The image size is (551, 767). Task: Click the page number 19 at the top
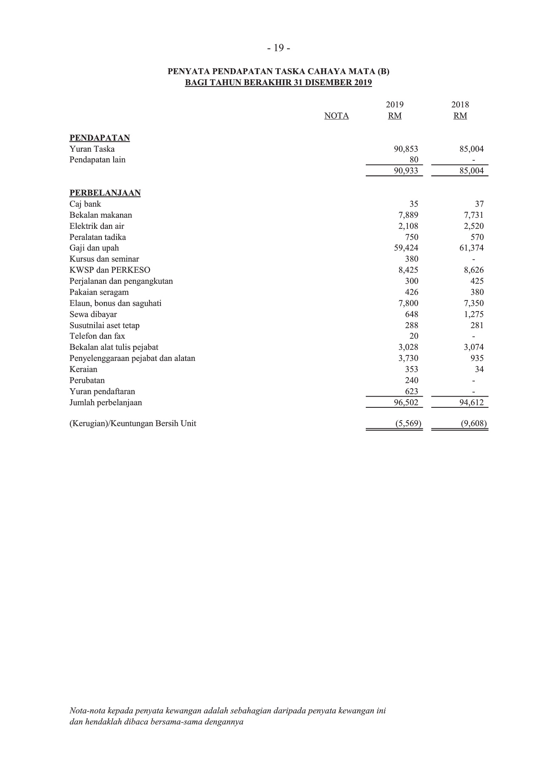pyautogui.click(x=279, y=48)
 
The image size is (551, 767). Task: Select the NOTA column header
pyautogui.click(x=336, y=116)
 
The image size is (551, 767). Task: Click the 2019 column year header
pyautogui.click(x=395, y=105)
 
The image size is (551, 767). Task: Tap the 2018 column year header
pyautogui.click(x=460, y=105)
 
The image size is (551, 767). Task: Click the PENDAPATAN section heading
pyautogui.click(x=100, y=138)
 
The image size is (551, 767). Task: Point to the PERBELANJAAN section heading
pyautogui.click(x=105, y=193)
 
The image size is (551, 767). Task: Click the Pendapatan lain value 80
pyautogui.click(x=413, y=160)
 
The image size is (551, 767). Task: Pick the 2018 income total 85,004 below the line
pyautogui.click(x=471, y=171)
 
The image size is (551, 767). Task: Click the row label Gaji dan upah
pyautogui.click(x=94, y=248)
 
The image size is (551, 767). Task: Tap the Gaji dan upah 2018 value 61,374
pyautogui.click(x=471, y=248)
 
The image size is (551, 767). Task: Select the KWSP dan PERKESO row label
pyautogui.click(x=110, y=270)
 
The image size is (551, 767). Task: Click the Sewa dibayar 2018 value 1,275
pyautogui.click(x=474, y=314)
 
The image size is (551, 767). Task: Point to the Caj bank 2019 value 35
pyautogui.click(x=413, y=204)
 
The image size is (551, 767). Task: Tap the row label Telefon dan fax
pyautogui.click(x=97, y=336)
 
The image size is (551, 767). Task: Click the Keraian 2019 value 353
pyautogui.click(x=411, y=369)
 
